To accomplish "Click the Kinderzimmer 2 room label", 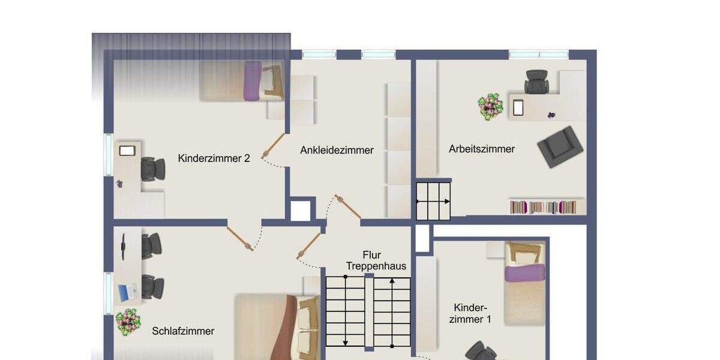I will click(214, 158).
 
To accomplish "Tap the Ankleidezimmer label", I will click(337, 150).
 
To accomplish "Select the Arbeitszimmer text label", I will click(482, 149).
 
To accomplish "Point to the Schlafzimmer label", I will click(183, 331).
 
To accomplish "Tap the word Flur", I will click(372, 255).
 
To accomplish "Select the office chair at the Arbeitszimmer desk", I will click(536, 82).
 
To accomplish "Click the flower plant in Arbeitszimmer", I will click(491, 106).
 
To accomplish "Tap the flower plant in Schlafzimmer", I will click(127, 322).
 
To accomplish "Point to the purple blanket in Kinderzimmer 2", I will click(253, 81).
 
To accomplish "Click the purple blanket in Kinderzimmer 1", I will click(524, 273).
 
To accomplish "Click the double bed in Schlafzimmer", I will click(276, 327).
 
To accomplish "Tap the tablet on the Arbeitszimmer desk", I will click(518, 108).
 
